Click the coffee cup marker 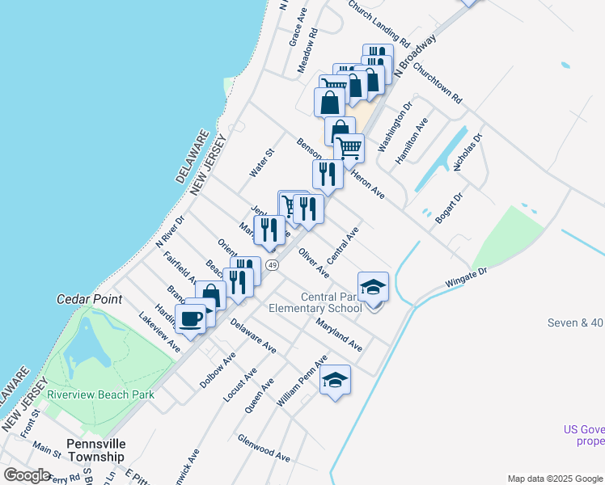pyautogui.click(x=190, y=318)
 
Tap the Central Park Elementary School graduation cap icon pyautogui.click(x=373, y=288)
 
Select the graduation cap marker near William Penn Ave pyautogui.click(x=335, y=380)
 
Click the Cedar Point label pyautogui.click(x=89, y=298)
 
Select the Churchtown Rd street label pyautogui.click(x=437, y=83)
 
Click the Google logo pyautogui.click(x=27, y=474)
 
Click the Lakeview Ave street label pyautogui.click(x=159, y=333)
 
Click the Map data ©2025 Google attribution pyautogui.click(x=554, y=479)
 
